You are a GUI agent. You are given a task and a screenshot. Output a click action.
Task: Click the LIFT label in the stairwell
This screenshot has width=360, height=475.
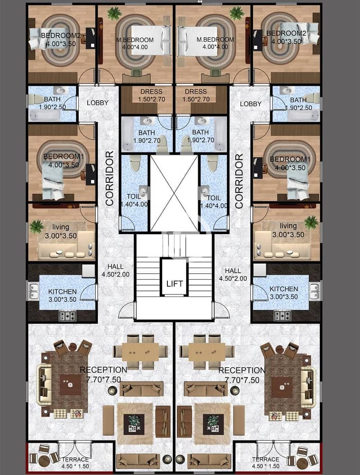click(x=175, y=284)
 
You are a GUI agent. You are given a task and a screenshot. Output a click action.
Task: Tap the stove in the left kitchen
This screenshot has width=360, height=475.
click(x=67, y=316)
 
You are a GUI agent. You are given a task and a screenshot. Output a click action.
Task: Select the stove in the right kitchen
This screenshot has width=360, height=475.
click(x=282, y=316)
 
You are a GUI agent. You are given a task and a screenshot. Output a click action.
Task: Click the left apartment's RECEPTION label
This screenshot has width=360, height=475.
click(x=103, y=370)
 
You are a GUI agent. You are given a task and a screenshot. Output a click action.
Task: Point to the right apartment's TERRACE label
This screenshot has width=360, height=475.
click(x=265, y=459)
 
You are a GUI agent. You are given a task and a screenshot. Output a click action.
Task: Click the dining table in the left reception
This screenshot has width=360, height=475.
click(x=140, y=352)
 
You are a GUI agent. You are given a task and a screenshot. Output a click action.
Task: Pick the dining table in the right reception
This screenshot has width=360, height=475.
click(x=207, y=352)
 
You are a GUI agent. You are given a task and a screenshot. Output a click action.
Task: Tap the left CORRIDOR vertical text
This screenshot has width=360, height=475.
click(x=109, y=178)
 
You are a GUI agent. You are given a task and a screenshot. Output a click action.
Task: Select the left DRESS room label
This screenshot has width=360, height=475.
click(x=151, y=91)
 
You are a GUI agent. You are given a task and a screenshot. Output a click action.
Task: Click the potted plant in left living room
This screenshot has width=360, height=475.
click(x=37, y=226)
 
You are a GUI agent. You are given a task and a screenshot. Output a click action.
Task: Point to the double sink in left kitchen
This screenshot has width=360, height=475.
click(x=34, y=291)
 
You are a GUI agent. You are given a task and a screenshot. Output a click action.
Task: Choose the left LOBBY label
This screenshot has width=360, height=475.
click(x=98, y=103)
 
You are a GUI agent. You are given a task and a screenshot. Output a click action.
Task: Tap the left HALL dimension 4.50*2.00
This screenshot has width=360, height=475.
click(x=115, y=275)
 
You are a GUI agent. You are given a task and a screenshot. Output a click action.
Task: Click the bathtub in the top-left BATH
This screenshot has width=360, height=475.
click(x=45, y=115)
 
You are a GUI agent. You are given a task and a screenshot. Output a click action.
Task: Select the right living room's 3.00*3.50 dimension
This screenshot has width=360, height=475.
click(x=288, y=235)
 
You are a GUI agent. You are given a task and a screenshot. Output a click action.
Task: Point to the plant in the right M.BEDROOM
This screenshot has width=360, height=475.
click(x=236, y=13)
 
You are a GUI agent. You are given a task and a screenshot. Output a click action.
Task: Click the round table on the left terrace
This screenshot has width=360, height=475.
click(x=44, y=461)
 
